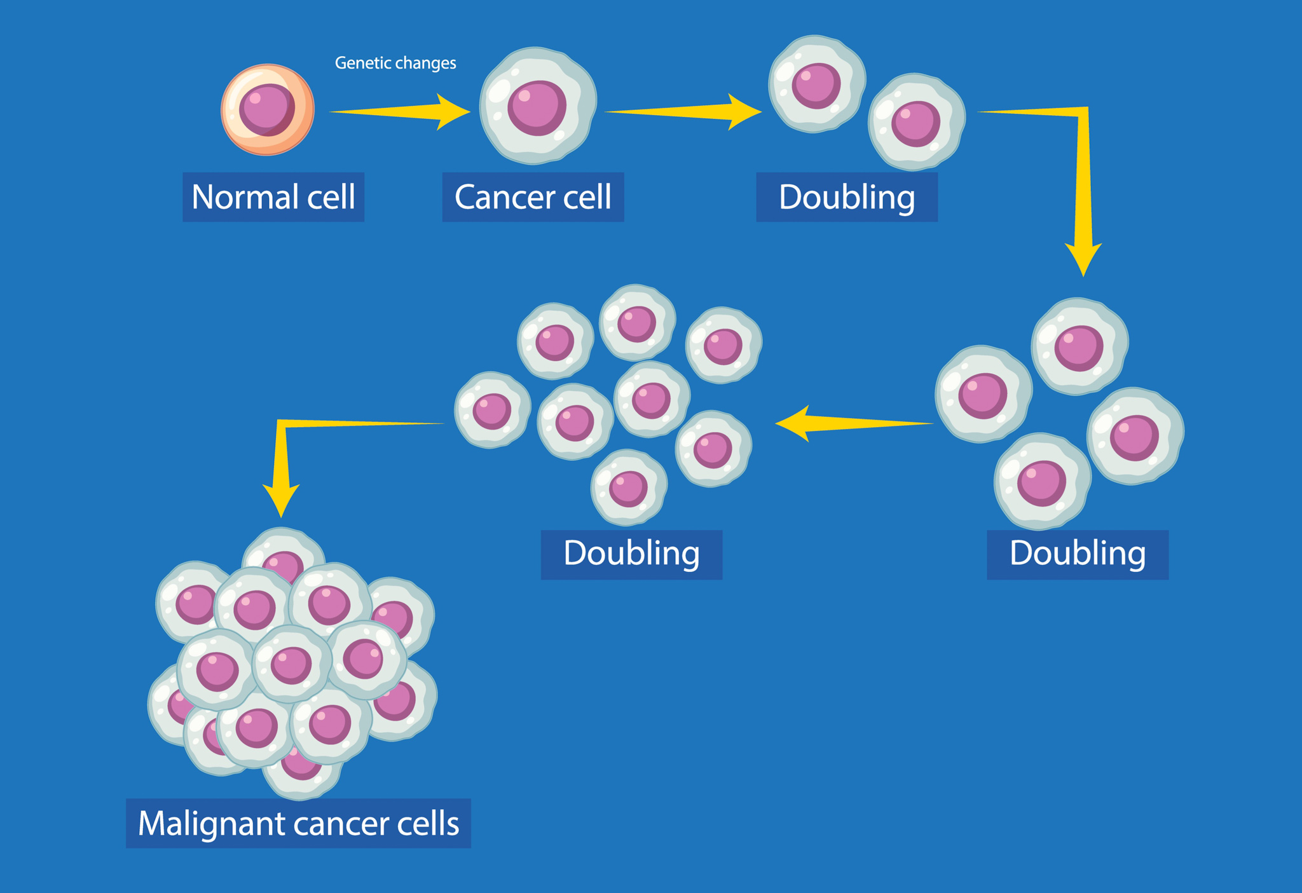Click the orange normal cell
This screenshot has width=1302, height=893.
pos(268,109)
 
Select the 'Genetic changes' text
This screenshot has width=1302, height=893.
pos(395,63)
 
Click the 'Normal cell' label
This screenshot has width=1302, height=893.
pos(273,197)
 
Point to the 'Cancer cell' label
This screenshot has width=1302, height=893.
pos(533,197)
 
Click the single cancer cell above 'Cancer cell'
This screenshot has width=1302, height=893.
pos(538,106)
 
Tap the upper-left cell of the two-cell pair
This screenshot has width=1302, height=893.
pos(817,84)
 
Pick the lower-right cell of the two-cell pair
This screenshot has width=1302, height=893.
pos(916,122)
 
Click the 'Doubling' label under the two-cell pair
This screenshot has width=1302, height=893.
pos(847,197)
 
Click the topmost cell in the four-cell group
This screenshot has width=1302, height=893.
pos(1079,346)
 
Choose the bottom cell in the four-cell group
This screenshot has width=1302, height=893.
pos(1042,482)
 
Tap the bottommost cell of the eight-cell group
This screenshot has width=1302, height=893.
pos(629,487)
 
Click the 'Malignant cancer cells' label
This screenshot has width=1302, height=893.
pos(298,823)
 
